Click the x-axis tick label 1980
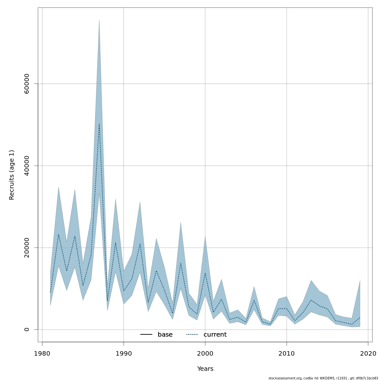42,353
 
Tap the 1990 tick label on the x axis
123,353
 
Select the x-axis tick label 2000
205,353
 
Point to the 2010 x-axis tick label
287,353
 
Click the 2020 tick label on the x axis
368,353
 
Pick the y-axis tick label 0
27,329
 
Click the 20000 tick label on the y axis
27,248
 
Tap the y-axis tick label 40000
27,166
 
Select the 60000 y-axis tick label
27,84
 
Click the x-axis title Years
205,369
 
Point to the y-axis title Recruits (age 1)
12,175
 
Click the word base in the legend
165,335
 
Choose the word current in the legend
215,335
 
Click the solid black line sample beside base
146,335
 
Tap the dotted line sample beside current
192,335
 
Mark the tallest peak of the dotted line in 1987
99,124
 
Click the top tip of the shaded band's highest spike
99,20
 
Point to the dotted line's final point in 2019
360,317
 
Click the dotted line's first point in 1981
50,292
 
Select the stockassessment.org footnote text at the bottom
323,378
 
